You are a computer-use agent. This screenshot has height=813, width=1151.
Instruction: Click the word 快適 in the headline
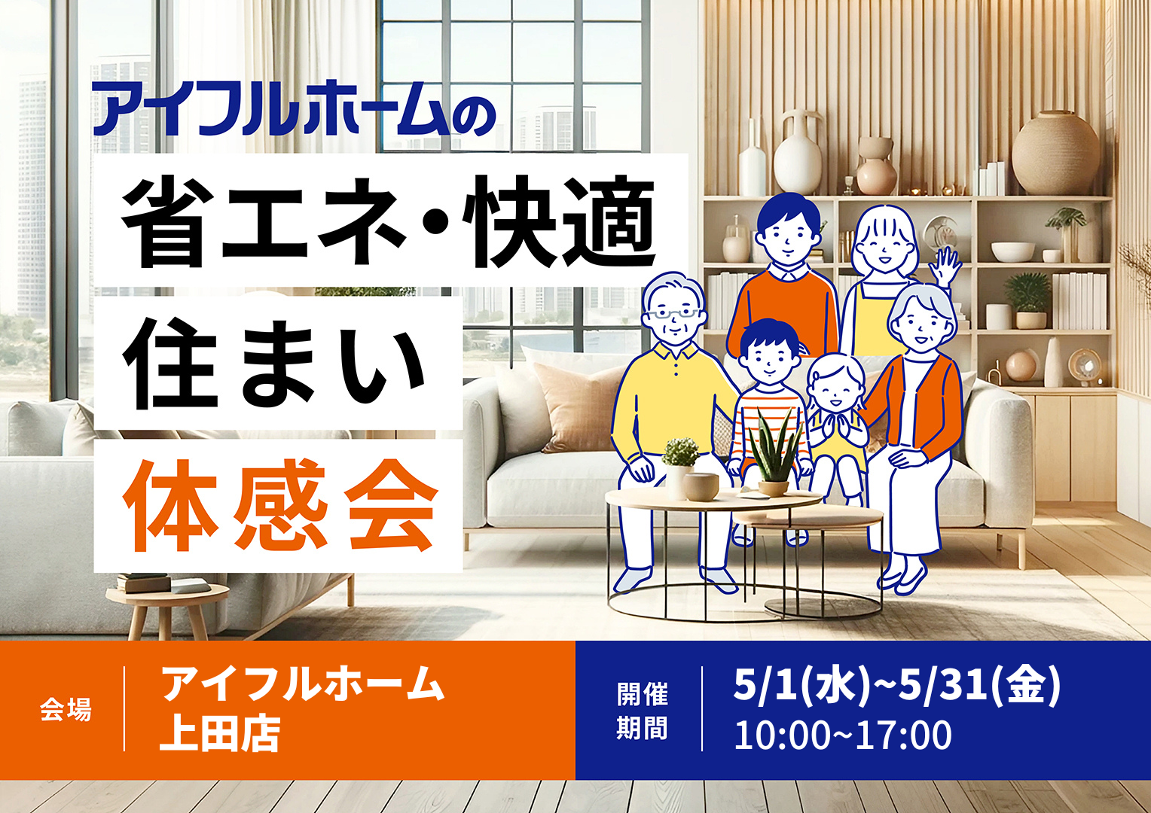(x=558, y=221)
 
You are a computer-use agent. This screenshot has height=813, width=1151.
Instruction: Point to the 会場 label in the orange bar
(x=66, y=711)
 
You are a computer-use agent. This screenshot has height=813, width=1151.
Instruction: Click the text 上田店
(x=220, y=734)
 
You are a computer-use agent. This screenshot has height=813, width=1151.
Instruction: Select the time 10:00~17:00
(x=843, y=735)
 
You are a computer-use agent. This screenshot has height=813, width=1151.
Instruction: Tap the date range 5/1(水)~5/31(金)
(x=896, y=686)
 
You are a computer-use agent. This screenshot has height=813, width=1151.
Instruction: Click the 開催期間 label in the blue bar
(x=642, y=711)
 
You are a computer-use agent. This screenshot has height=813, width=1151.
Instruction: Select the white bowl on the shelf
(x=1013, y=251)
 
